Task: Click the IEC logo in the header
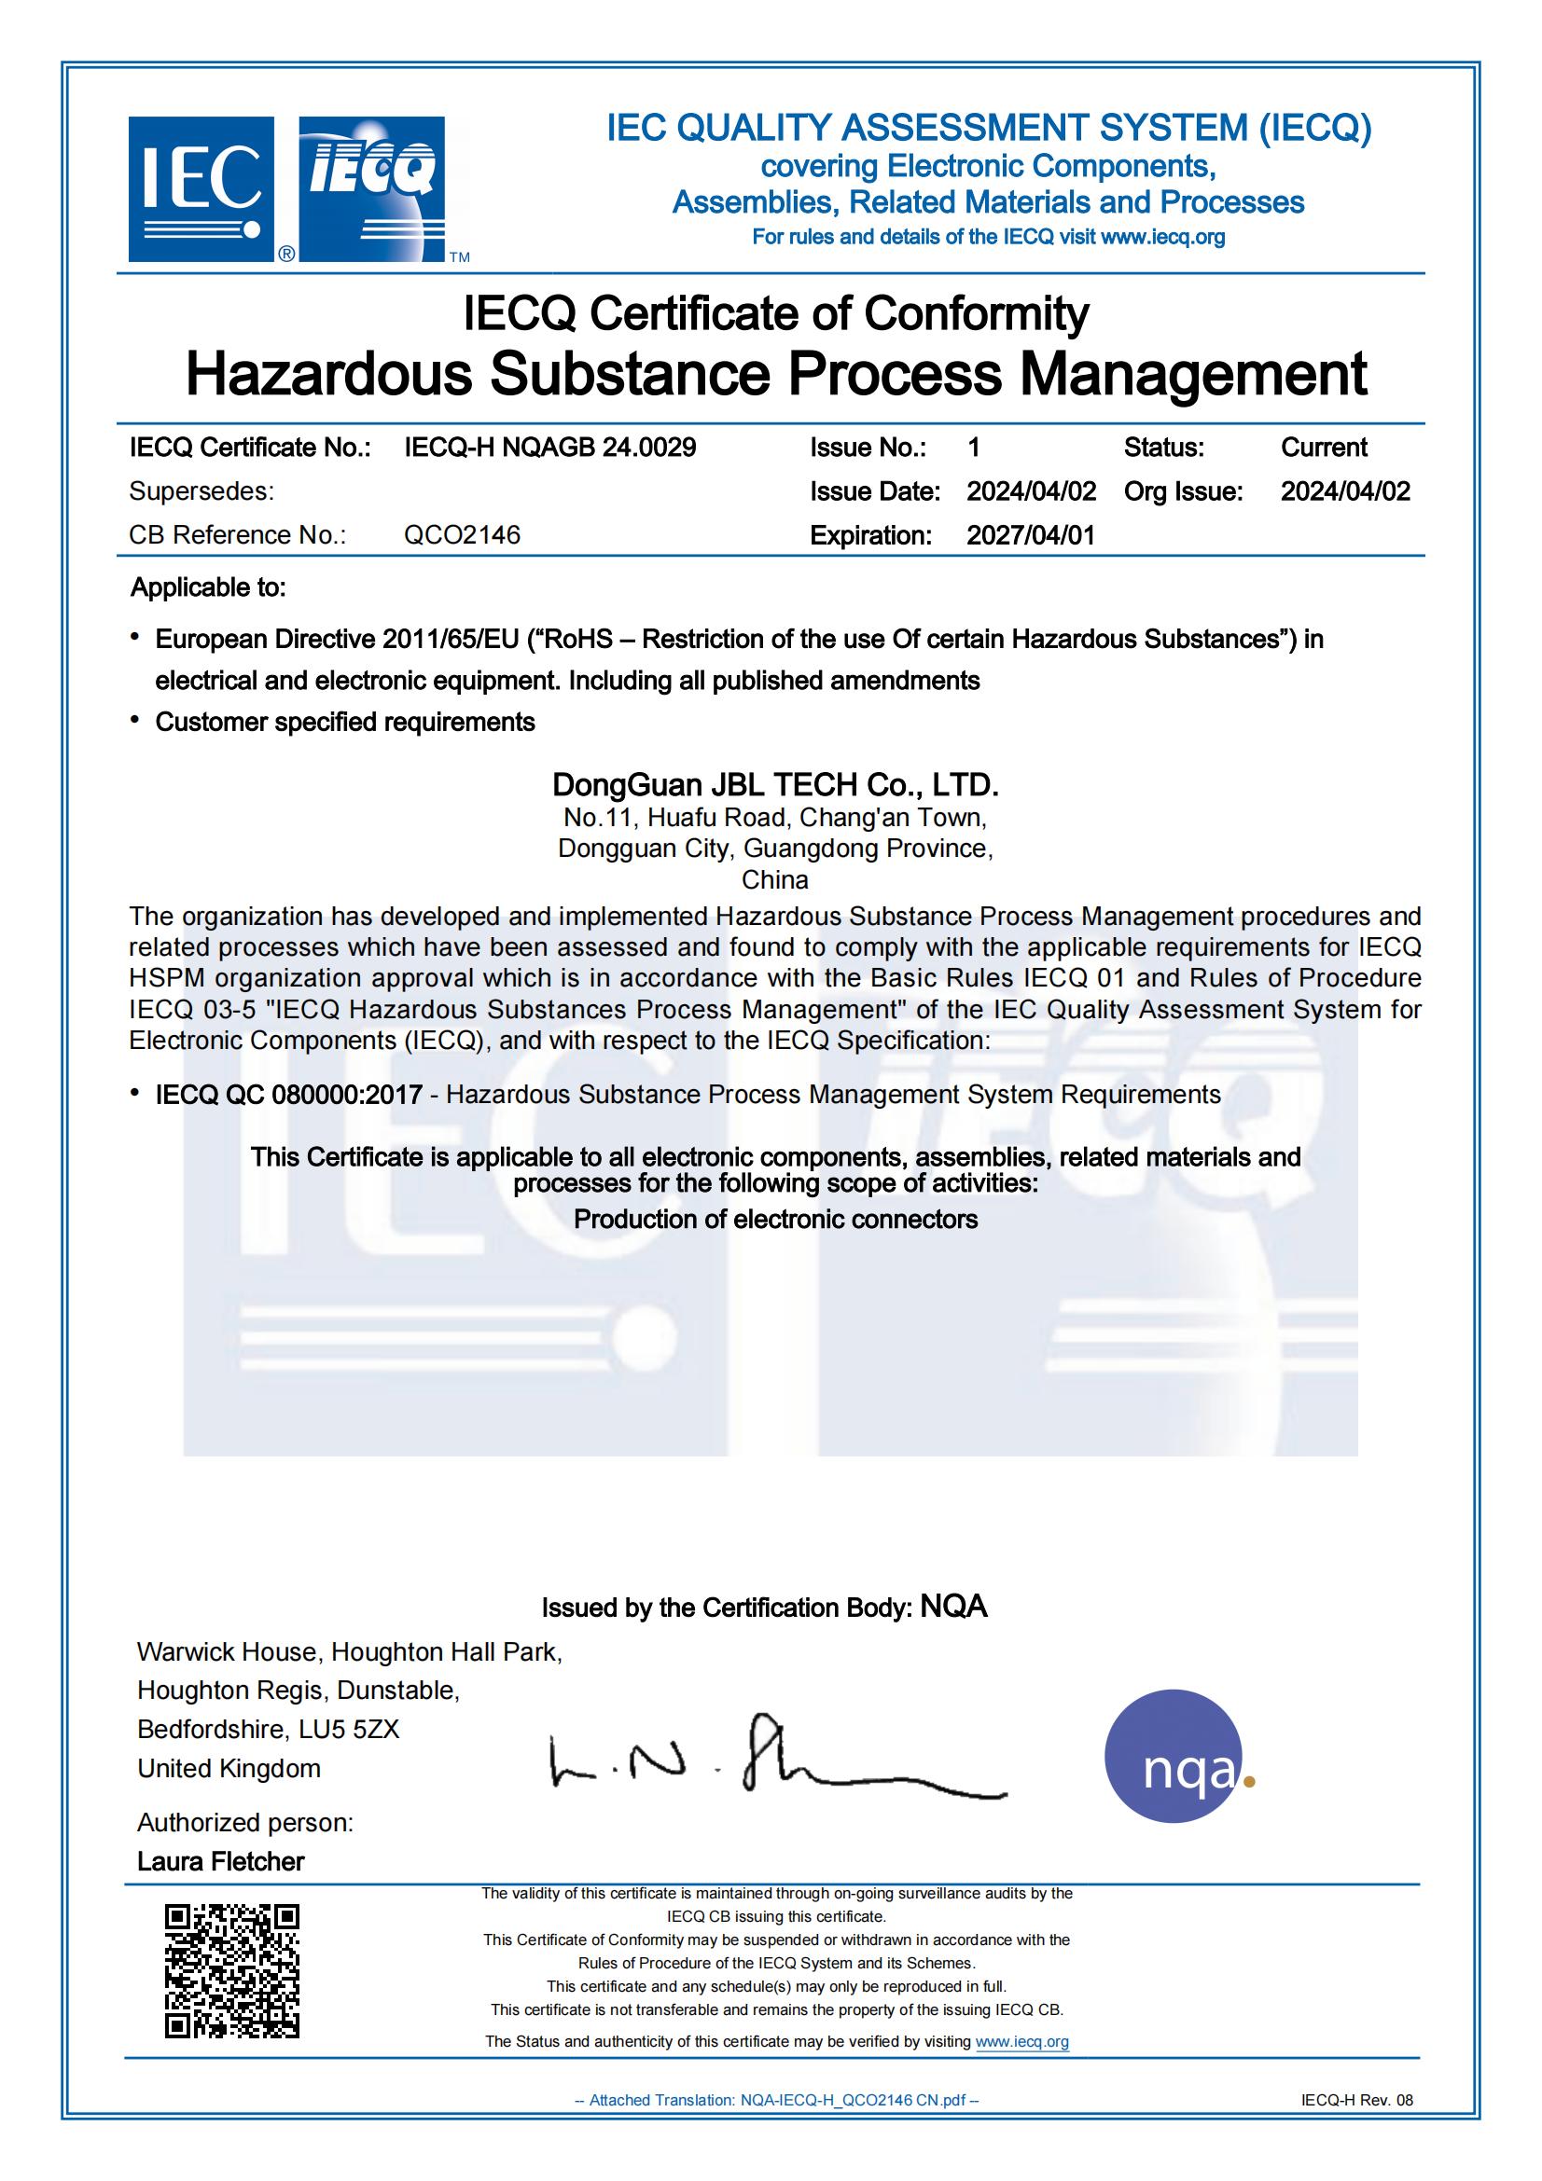(x=201, y=189)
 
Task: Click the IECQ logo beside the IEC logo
(x=371, y=189)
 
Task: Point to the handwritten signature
(x=774, y=1763)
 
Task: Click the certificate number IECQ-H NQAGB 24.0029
(x=550, y=448)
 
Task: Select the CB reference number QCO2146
(x=462, y=535)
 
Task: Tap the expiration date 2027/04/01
(x=1031, y=535)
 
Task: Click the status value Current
(x=1324, y=448)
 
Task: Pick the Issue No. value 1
(x=974, y=448)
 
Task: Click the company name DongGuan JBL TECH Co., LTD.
(x=775, y=785)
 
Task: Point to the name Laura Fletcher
(x=220, y=1861)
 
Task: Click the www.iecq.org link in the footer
(x=1021, y=2041)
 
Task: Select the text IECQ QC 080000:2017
(x=289, y=1095)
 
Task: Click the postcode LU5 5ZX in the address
(x=349, y=1729)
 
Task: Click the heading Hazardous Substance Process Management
(x=775, y=373)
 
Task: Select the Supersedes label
(x=201, y=491)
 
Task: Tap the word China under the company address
(x=775, y=879)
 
